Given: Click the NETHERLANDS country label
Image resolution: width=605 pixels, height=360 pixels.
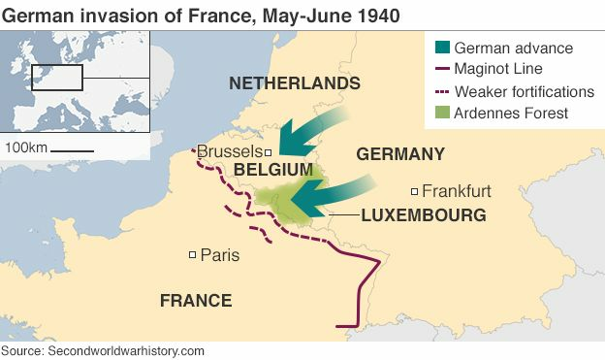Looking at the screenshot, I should (x=294, y=83).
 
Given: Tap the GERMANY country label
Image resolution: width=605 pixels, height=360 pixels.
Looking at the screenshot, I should (x=400, y=154).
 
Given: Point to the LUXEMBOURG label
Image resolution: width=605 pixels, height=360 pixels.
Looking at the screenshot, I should (x=423, y=215).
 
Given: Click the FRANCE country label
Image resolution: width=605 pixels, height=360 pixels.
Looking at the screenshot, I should (x=196, y=301).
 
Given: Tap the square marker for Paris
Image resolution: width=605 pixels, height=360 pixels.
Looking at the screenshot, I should (x=193, y=255).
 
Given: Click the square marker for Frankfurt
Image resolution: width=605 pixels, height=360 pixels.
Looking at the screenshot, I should (x=414, y=191).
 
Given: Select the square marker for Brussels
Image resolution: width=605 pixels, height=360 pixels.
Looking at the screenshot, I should (x=269, y=152).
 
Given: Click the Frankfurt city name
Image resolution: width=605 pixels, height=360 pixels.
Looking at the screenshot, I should (x=457, y=191).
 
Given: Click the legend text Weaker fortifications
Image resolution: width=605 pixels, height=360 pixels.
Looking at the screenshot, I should (x=524, y=92).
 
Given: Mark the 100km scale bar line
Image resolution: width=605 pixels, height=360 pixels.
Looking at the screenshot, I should (x=73, y=150).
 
